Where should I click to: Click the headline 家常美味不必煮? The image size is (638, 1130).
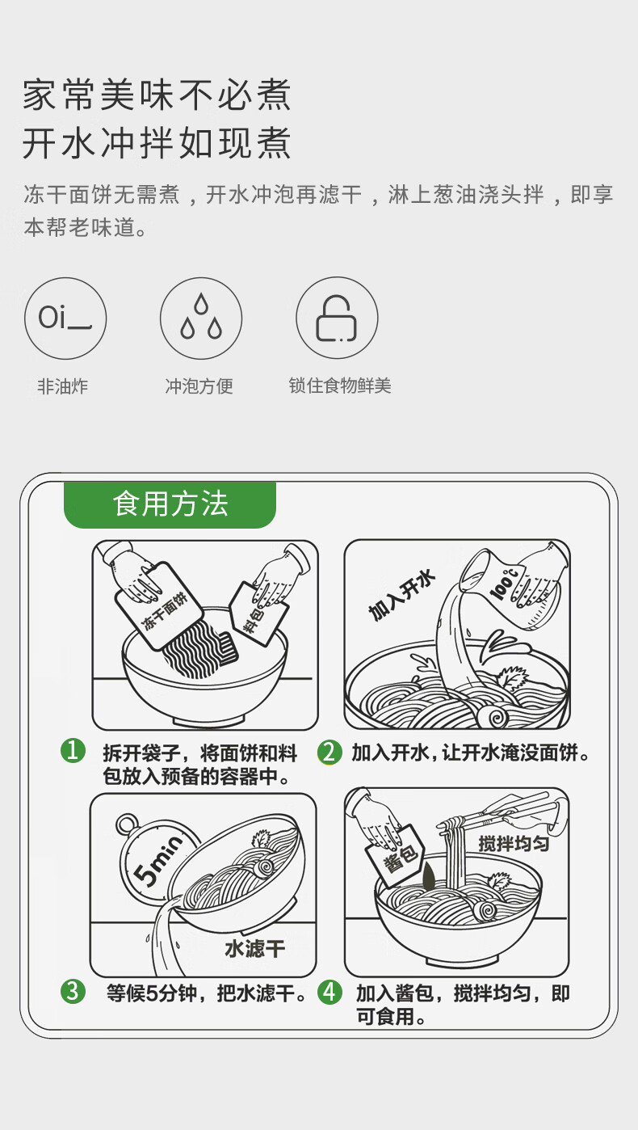[157, 95]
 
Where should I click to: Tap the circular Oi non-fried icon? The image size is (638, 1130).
[65, 318]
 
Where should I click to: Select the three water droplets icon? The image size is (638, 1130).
[201, 318]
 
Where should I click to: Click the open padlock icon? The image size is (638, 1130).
[337, 318]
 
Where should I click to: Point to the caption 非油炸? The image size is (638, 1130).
[62, 386]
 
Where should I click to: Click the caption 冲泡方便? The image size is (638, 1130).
[199, 386]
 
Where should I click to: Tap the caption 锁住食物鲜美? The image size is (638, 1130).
[340, 386]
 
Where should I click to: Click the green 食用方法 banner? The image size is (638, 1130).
[170, 504]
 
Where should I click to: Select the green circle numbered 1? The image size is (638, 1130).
[73, 751]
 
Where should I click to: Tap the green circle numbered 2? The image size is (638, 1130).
[329, 752]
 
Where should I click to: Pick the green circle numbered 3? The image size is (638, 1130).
[73, 991]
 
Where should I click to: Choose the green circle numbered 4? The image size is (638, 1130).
[329, 992]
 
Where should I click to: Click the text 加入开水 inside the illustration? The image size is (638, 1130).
[401, 596]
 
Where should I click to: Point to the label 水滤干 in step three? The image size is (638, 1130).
[254, 948]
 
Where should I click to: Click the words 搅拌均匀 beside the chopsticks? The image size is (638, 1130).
[514, 843]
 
